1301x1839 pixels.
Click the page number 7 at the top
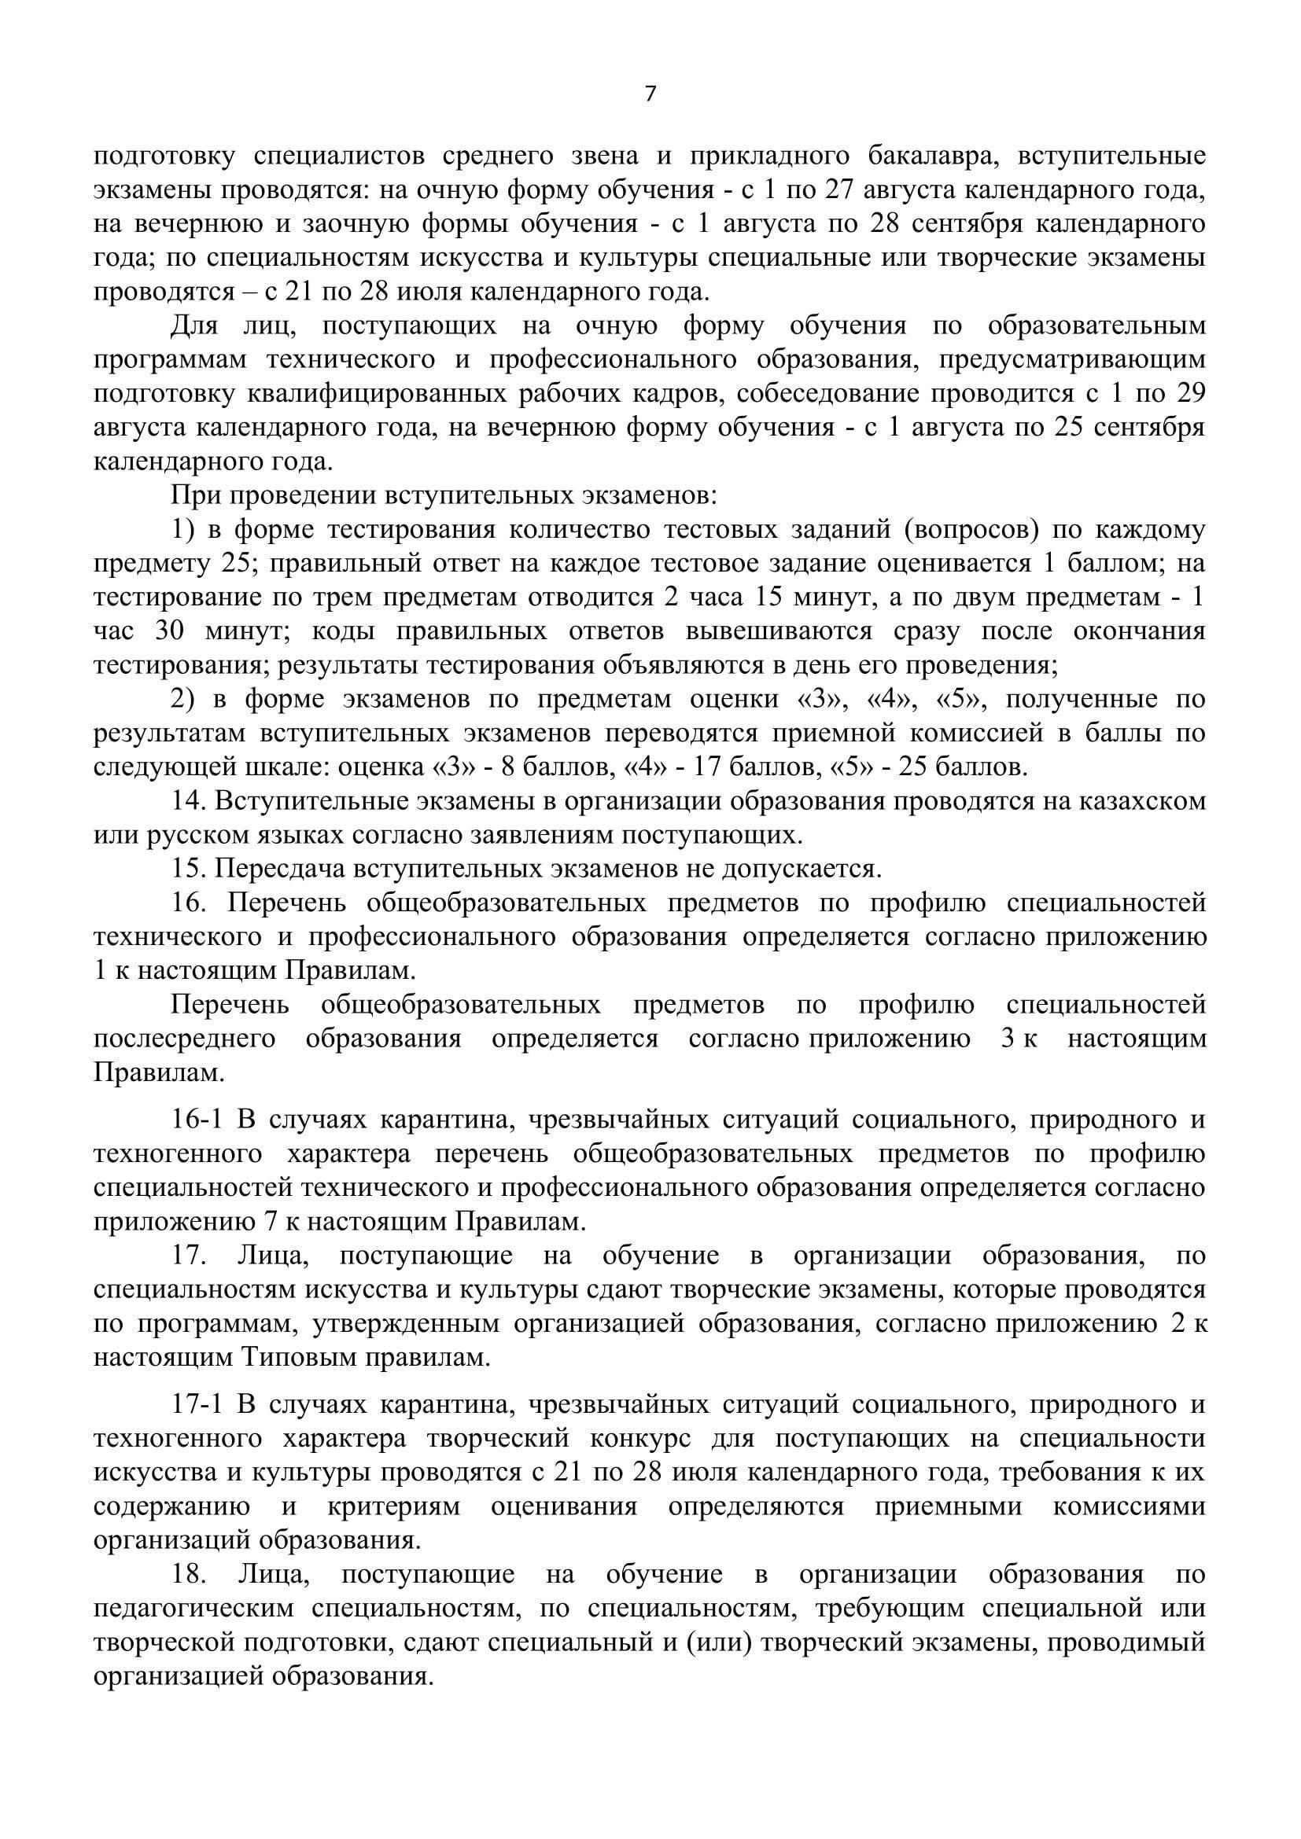tap(650, 94)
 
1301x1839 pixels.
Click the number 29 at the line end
tap(1187, 394)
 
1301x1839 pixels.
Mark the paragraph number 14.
tap(189, 801)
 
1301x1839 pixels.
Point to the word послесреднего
tap(185, 1039)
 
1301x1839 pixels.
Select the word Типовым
tap(299, 1358)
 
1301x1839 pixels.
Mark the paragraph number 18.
tap(189, 1575)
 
